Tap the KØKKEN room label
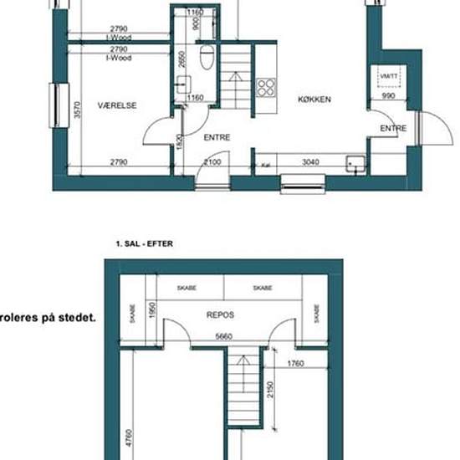pyautogui.click(x=315, y=99)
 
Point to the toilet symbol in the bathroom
pyautogui.click(x=207, y=57)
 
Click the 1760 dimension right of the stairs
pyautogui.click(x=294, y=363)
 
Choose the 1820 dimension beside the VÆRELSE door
pyautogui.click(x=179, y=142)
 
